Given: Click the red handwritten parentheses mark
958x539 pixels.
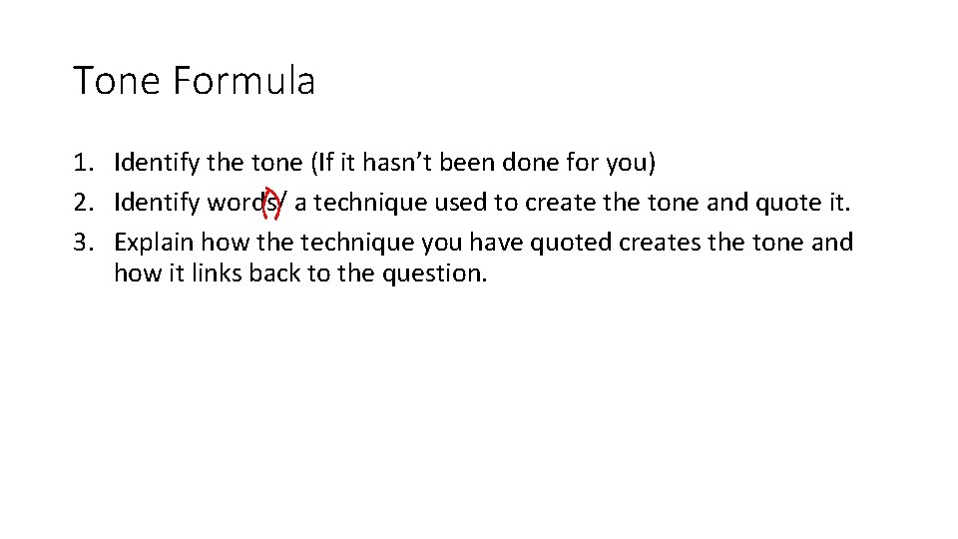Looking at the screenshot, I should pos(269,205).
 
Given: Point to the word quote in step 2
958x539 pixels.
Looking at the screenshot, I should pos(785,203).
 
